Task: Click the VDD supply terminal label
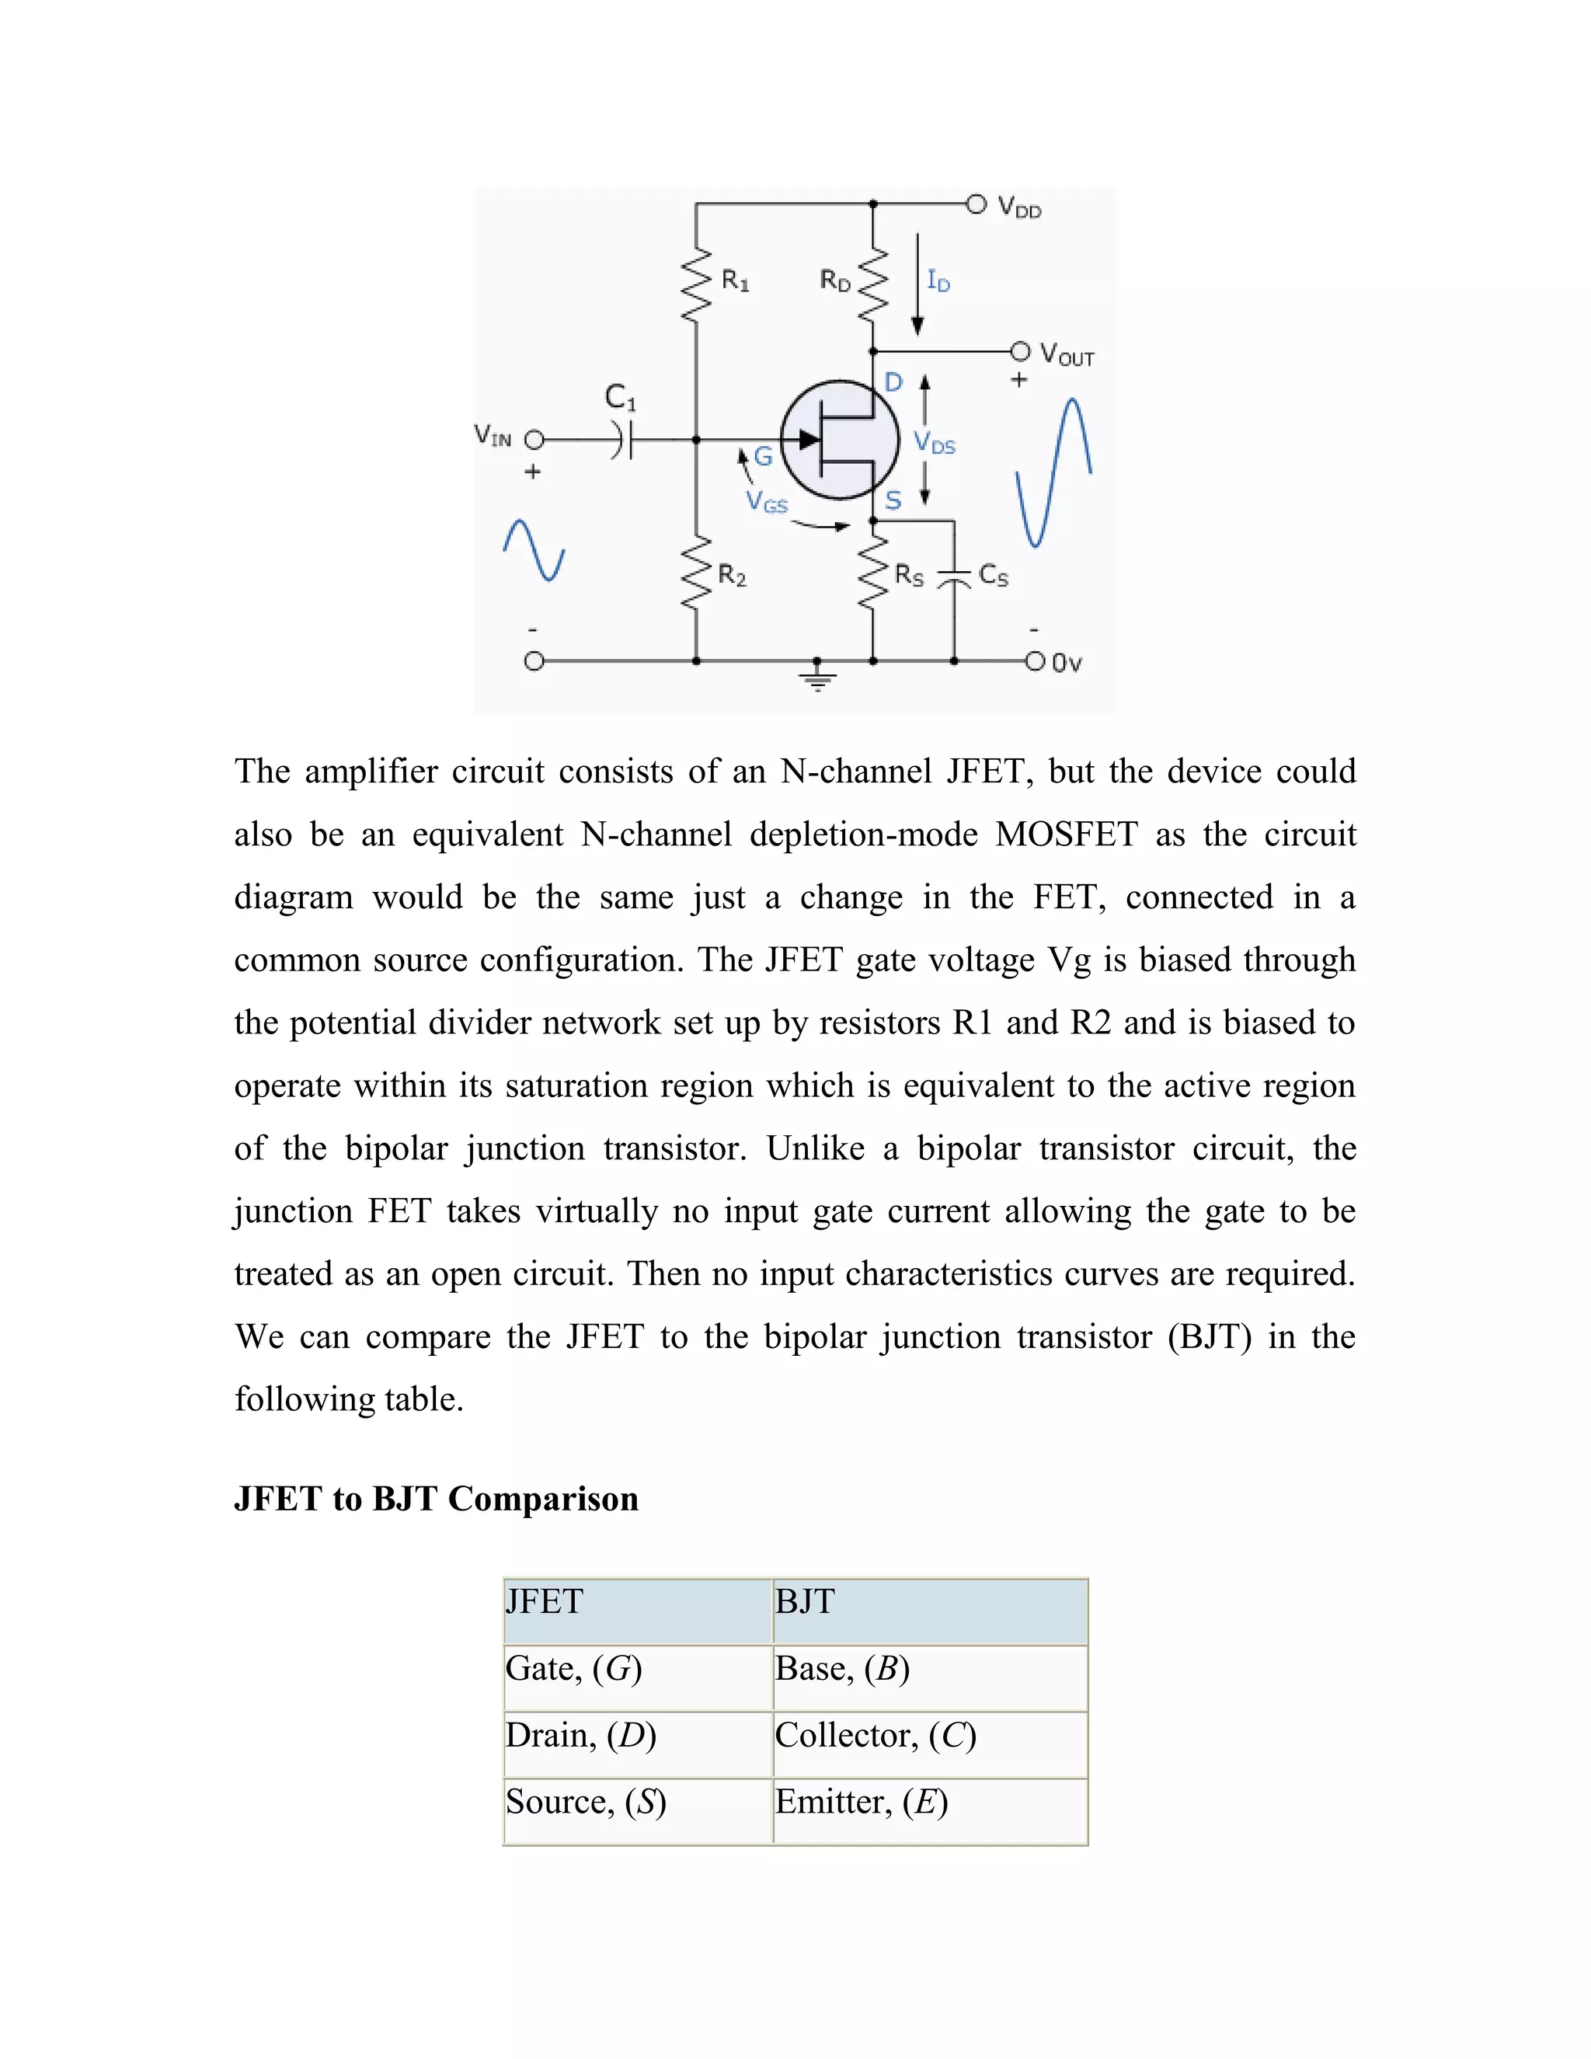1019,207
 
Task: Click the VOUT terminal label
1067,354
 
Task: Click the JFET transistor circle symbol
839,439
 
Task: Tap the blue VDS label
934,443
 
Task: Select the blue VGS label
766,502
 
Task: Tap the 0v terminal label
1066,664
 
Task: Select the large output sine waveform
1053,472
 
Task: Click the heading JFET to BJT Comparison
437,1499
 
